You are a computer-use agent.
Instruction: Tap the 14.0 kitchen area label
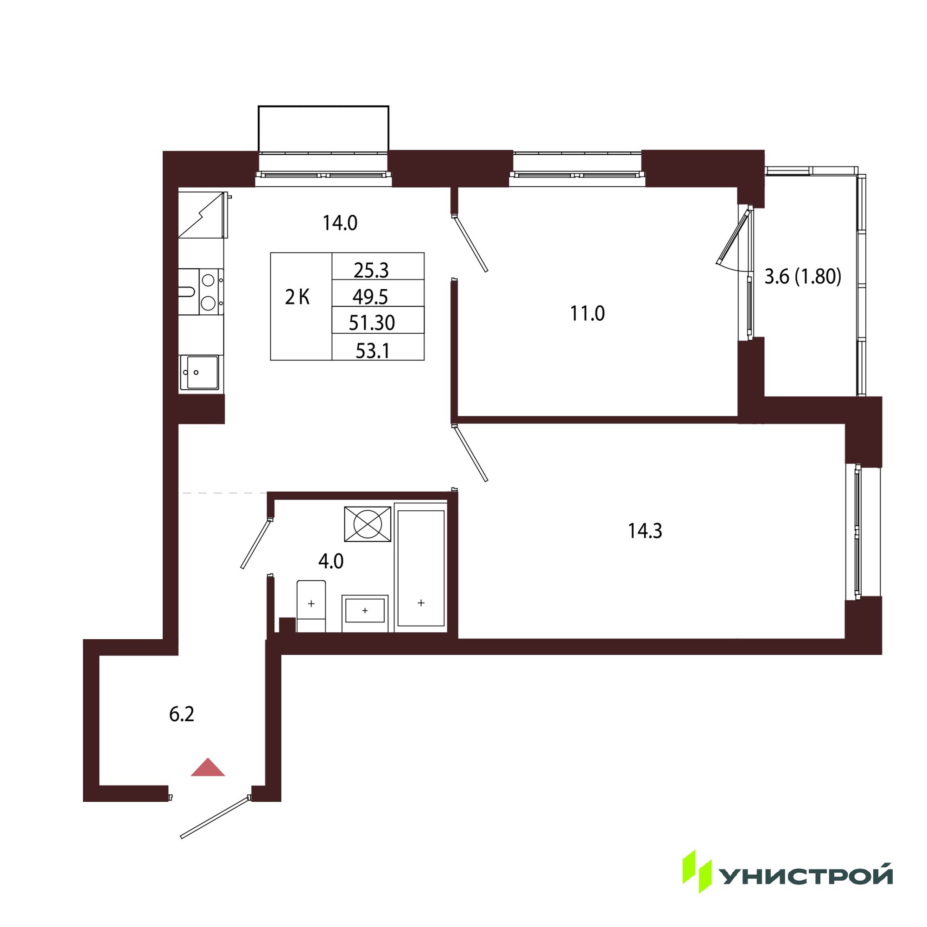click(x=340, y=223)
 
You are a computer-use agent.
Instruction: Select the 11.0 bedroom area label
click(x=587, y=314)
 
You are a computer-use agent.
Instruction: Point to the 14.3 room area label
click(x=645, y=531)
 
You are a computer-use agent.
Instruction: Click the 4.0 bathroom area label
click(x=331, y=561)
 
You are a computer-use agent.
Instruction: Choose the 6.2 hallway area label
click(x=182, y=714)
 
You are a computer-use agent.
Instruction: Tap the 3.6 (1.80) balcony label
click(x=803, y=277)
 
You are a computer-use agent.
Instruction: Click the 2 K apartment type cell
click(x=298, y=298)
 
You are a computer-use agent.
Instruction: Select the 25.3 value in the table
click(x=371, y=271)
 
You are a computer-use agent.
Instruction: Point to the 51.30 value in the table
click(x=372, y=324)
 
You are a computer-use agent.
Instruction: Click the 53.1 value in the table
click(x=372, y=351)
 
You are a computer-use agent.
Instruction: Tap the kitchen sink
click(x=199, y=372)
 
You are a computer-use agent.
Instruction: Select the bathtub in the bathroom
click(x=421, y=568)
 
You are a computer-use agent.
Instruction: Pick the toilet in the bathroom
click(x=311, y=606)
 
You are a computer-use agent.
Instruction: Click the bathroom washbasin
click(x=365, y=613)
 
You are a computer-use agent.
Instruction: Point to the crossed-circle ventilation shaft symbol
click(x=368, y=524)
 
